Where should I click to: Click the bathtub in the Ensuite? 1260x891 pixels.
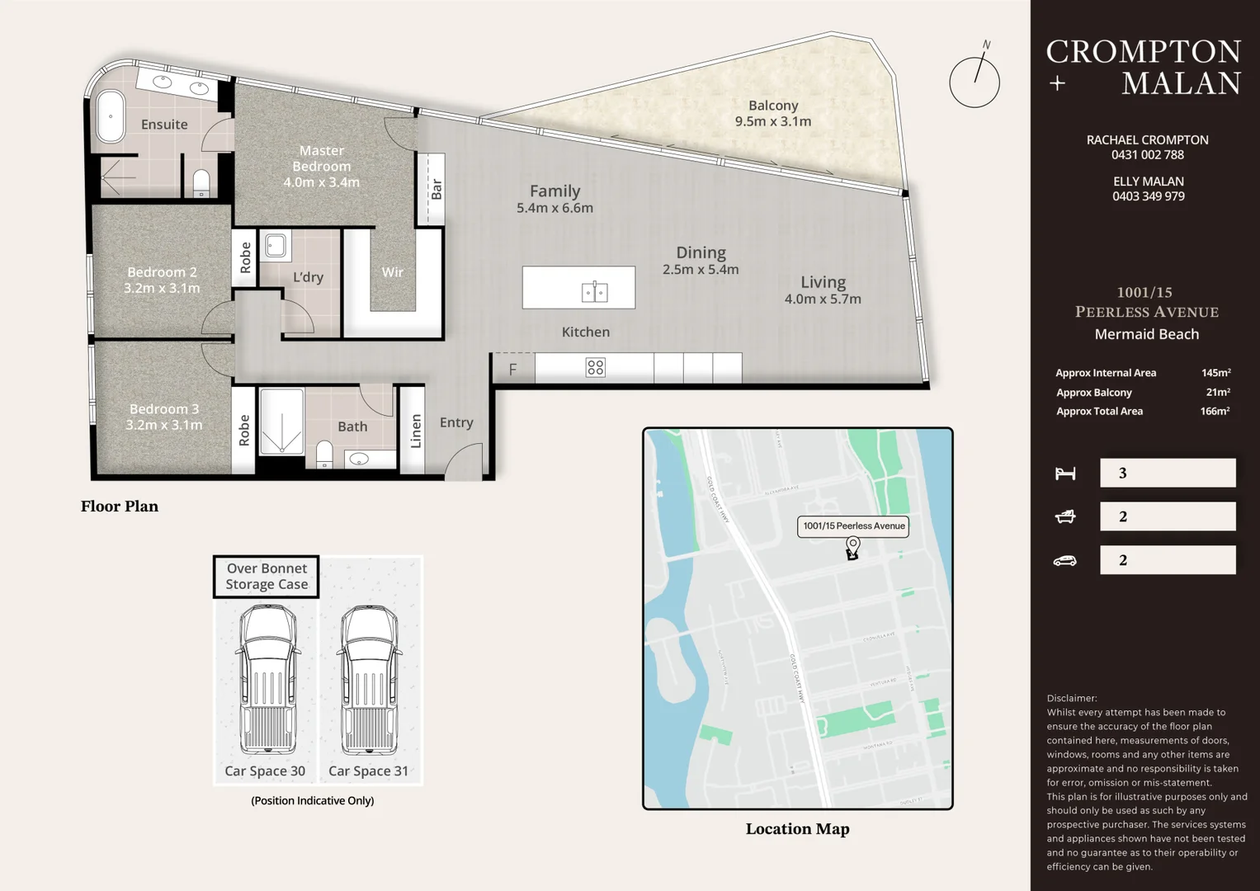pyautogui.click(x=111, y=117)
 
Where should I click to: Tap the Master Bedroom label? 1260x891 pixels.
pyautogui.click(x=322, y=166)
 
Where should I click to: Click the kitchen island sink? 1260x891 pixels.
pyautogui.click(x=595, y=291)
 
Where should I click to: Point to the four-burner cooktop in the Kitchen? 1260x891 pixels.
pyautogui.click(x=595, y=368)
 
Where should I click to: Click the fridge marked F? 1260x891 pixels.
pyautogui.click(x=512, y=369)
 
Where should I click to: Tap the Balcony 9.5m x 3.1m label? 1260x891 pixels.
pyautogui.click(x=773, y=113)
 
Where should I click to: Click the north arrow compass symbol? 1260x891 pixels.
pyautogui.click(x=974, y=80)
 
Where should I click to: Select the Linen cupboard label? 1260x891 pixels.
pyautogui.click(x=416, y=431)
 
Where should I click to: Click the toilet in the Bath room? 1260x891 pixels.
pyautogui.click(x=324, y=455)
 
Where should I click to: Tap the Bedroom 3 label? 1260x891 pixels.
pyautogui.click(x=163, y=417)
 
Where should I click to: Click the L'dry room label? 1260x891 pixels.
pyautogui.click(x=308, y=277)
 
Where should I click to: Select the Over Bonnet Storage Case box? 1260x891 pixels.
pyautogui.click(x=267, y=576)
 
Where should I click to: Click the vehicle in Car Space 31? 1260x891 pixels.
pyautogui.click(x=369, y=681)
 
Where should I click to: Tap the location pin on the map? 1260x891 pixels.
pyautogui.click(x=853, y=546)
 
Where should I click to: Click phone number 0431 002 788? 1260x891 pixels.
pyautogui.click(x=1147, y=155)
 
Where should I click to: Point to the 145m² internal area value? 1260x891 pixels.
pyautogui.click(x=1215, y=373)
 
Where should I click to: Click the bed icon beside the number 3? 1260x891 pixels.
pyautogui.click(x=1065, y=474)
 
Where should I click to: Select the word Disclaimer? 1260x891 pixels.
pyautogui.click(x=1072, y=698)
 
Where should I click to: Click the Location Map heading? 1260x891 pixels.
pyautogui.click(x=797, y=829)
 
